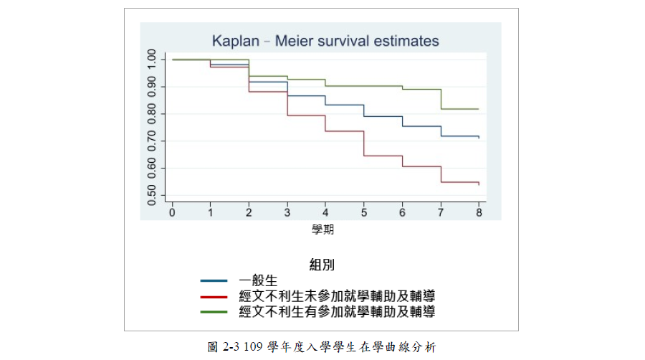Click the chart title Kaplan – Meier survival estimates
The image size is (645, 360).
(325, 41)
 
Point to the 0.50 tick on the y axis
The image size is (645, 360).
(152, 195)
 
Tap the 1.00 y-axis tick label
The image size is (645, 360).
(152, 60)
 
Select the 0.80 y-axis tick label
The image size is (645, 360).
(152, 114)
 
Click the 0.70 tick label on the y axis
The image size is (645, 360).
(152, 141)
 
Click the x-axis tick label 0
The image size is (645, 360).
(172, 214)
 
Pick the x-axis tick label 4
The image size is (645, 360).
(325, 214)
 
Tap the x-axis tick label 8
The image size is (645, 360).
(479, 214)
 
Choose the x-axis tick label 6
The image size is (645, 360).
(402, 214)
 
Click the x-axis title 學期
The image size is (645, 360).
(322, 229)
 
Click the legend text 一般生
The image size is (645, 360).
(258, 280)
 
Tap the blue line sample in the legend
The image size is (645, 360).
(214, 281)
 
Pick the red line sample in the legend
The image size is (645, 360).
(214, 296)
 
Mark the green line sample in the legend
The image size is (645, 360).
(214, 312)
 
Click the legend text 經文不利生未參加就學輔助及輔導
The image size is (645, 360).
(337, 296)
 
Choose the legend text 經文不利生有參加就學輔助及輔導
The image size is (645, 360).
(337, 312)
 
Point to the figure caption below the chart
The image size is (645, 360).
(322, 346)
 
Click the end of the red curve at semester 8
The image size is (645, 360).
(478, 184)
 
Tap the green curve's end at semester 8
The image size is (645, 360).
(478, 109)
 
